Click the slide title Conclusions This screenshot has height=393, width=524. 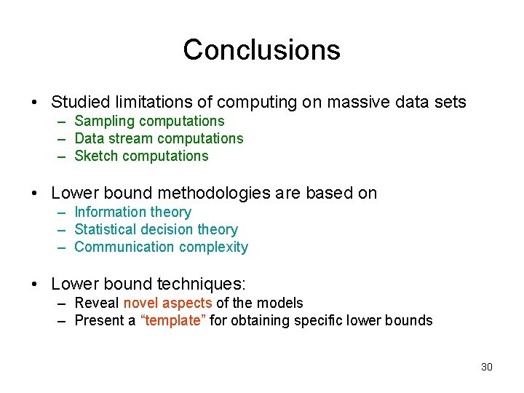[261, 50]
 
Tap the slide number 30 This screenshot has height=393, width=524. [487, 367]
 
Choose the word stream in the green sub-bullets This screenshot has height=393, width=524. [133, 138]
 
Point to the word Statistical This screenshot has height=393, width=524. [104, 229]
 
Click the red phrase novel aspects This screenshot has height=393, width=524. [167, 303]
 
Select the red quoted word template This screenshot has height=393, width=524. [172, 320]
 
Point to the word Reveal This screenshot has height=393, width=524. [97, 303]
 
